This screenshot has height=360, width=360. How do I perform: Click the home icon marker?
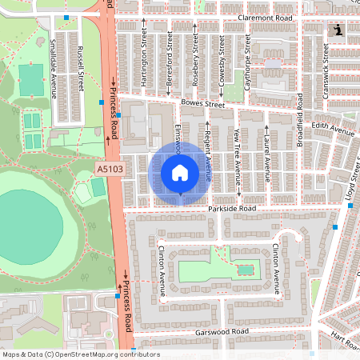point(180,173)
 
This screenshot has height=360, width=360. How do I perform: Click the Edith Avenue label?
point(334,130)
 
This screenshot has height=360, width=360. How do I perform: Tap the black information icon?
point(338,30)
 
